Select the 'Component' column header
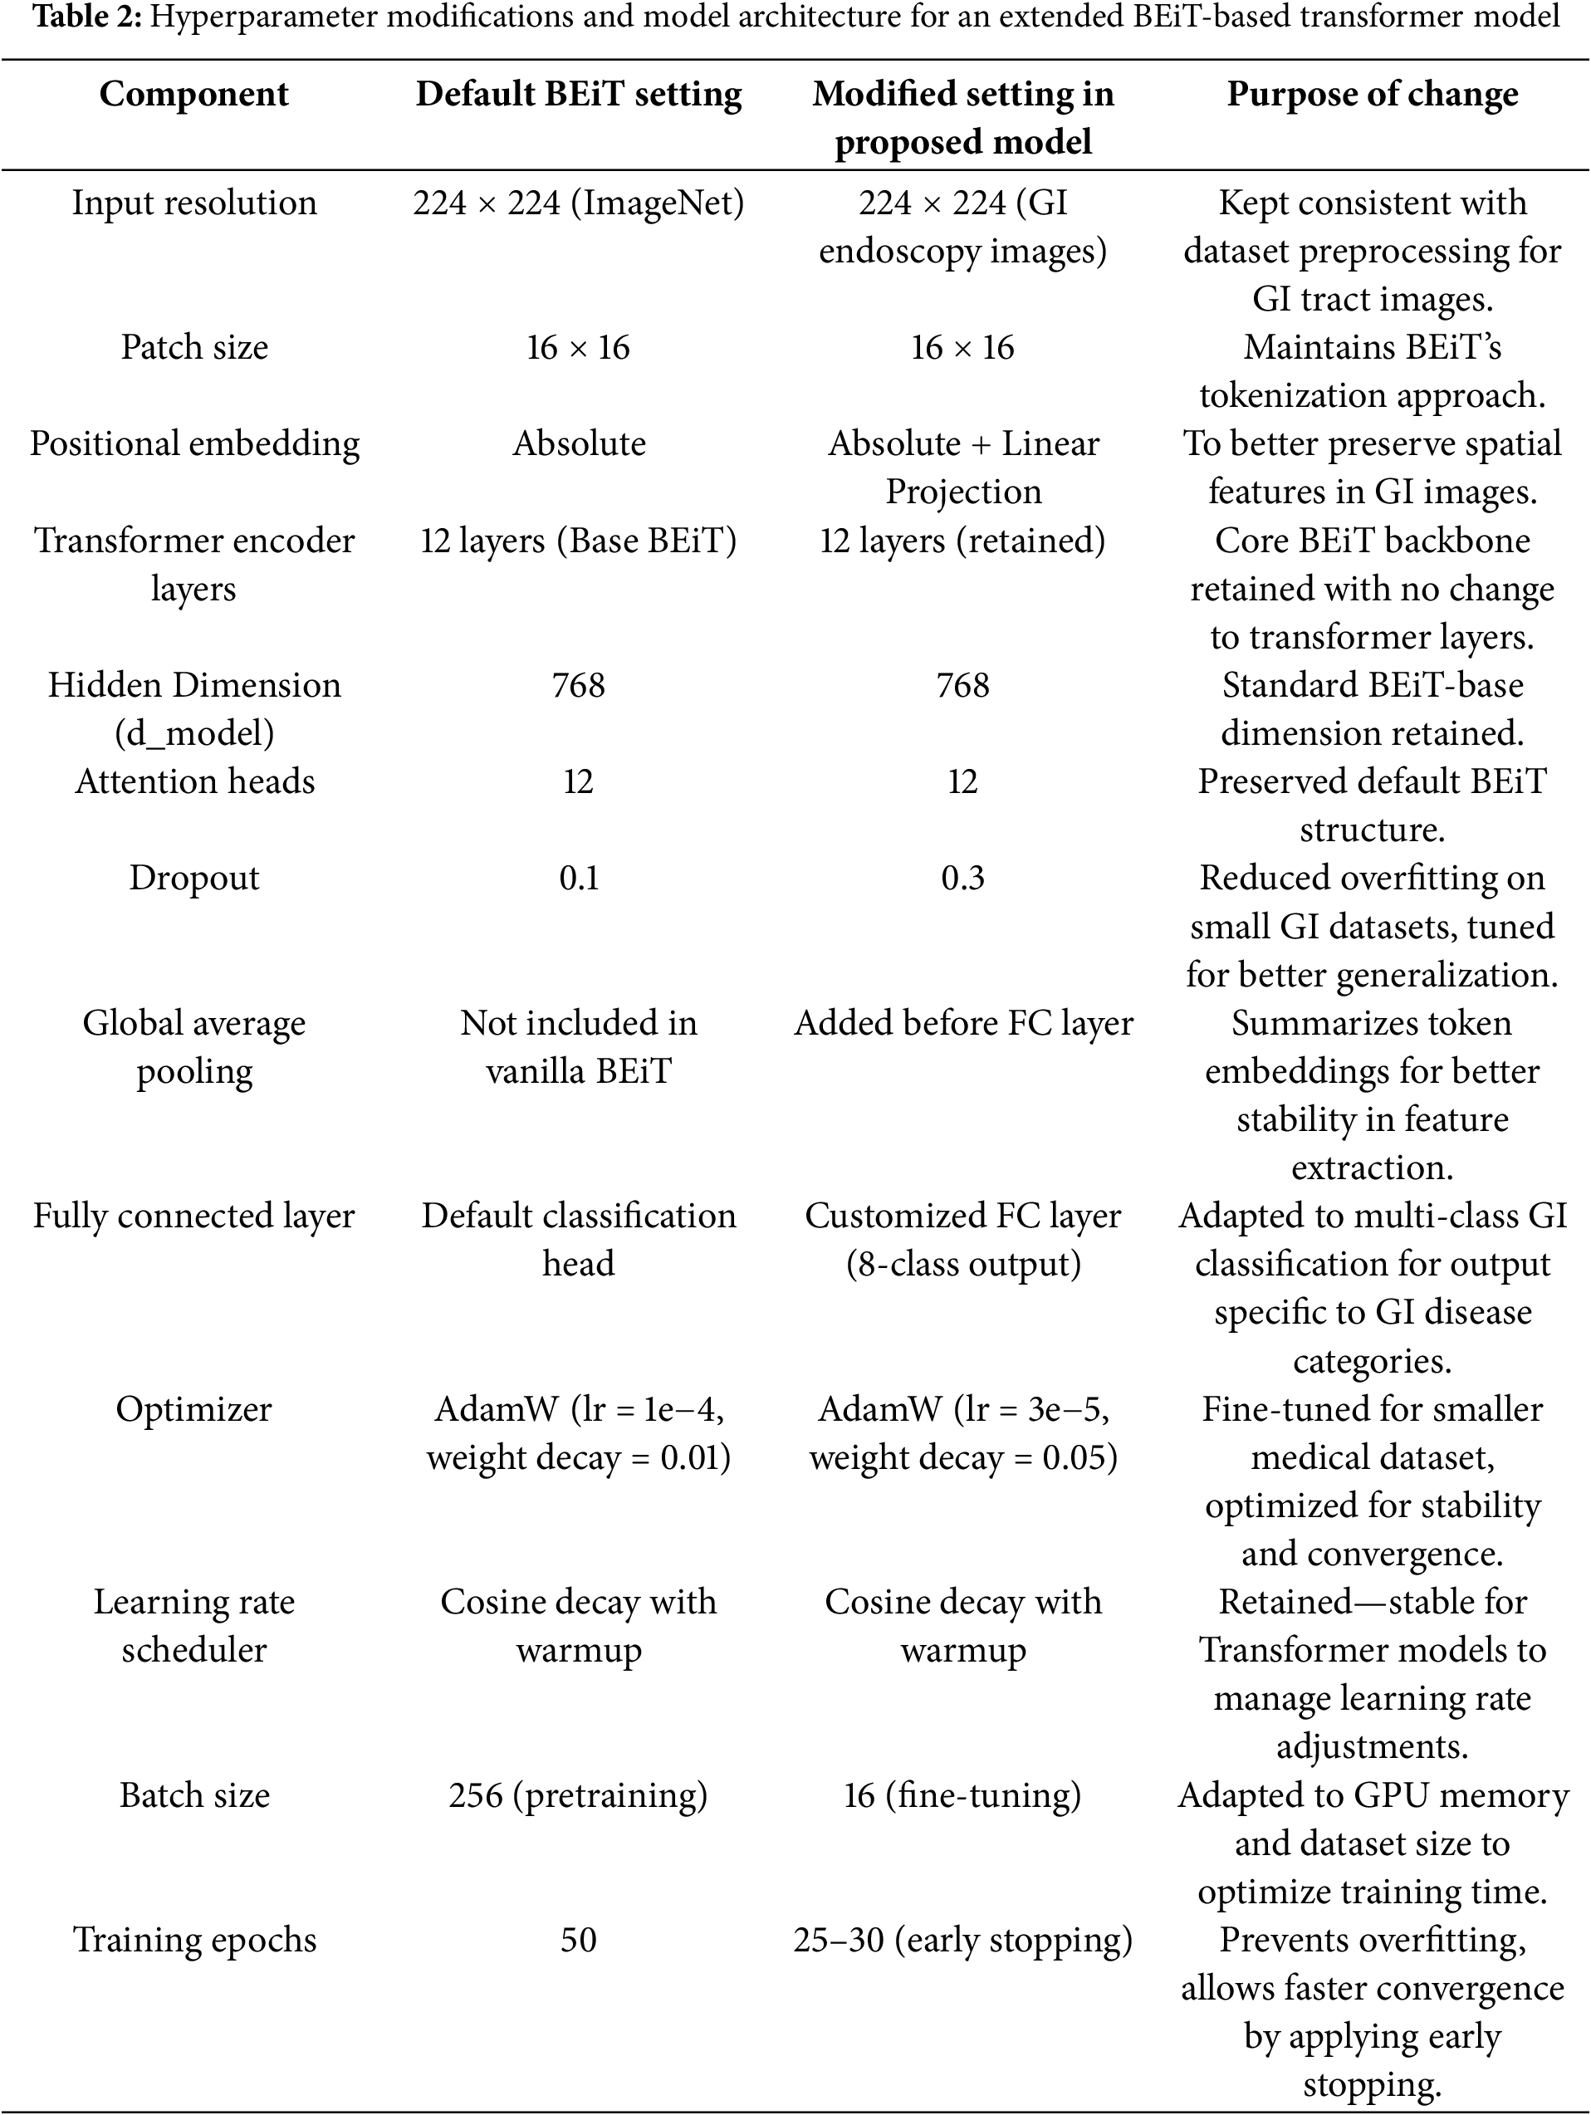[x=194, y=94]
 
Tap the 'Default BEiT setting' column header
[x=579, y=94]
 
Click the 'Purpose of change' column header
[x=1372, y=94]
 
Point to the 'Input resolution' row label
[x=194, y=203]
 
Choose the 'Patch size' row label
[x=194, y=347]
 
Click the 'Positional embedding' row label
[x=194, y=443]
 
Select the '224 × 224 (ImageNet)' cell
[x=579, y=203]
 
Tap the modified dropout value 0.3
[x=963, y=878]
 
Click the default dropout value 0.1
[x=579, y=878]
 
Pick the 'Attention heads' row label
[x=194, y=781]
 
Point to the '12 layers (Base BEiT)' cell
[x=579, y=541]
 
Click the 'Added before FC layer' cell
[x=963, y=1023]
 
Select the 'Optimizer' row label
[x=194, y=1408]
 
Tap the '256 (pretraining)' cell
[x=579, y=1794]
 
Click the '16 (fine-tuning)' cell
[x=963, y=1794]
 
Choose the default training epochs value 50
[x=579, y=1939]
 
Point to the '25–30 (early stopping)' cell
[x=963, y=1939]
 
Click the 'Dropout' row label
[x=194, y=878]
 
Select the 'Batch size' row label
[x=194, y=1794]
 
